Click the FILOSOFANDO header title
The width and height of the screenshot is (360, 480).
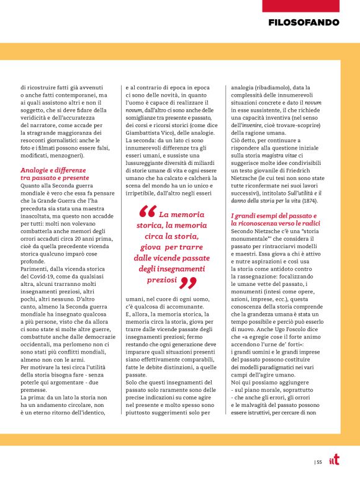304,22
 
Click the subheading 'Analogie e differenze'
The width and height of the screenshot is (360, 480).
53,170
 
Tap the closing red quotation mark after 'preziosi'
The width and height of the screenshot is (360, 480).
189,282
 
